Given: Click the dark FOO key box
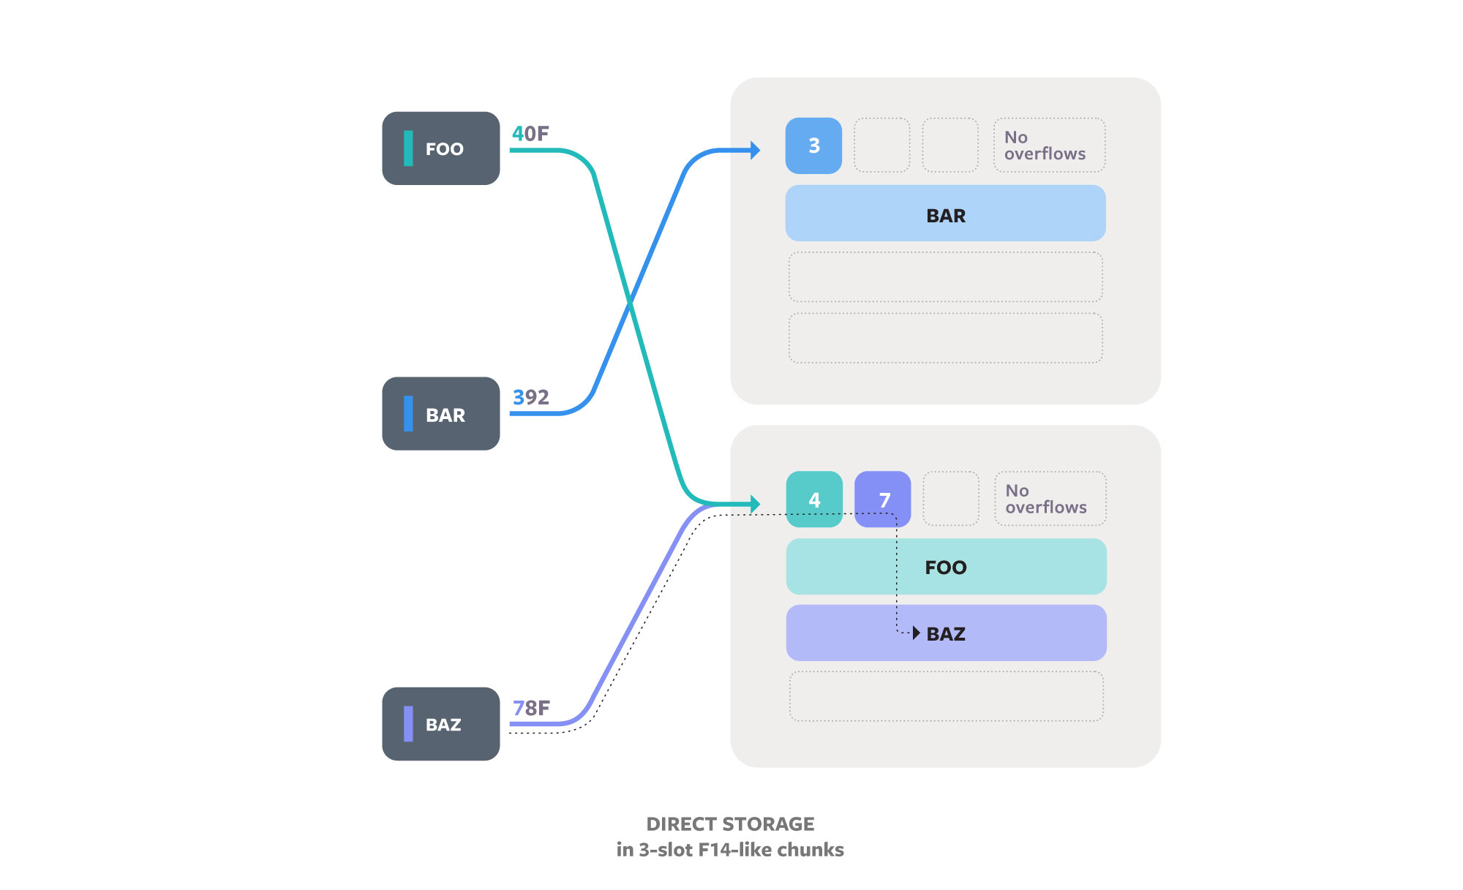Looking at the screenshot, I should [x=440, y=148].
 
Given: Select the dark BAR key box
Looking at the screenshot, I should [x=440, y=414].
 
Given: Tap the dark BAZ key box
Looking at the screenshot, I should [x=440, y=724].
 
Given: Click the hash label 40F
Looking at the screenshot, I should [x=530, y=134].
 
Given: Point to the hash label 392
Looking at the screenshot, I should [x=530, y=397].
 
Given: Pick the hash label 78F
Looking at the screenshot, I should [x=531, y=708].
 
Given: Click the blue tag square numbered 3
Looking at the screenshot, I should [x=813, y=146].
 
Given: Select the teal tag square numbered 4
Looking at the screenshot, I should [x=814, y=499].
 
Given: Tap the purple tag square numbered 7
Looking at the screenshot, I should [x=883, y=499].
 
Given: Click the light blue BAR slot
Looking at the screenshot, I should [x=945, y=214].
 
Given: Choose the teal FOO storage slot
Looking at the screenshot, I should [x=946, y=567].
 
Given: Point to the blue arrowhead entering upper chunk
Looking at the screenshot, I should [x=756, y=151].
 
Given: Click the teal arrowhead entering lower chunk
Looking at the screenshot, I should [x=756, y=504].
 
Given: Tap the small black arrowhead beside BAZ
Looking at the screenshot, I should [x=916, y=633].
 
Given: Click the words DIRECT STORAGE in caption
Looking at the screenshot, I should [x=730, y=824].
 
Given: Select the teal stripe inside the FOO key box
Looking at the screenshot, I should [x=408, y=148].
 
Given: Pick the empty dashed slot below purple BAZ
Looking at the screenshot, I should [x=946, y=696].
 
